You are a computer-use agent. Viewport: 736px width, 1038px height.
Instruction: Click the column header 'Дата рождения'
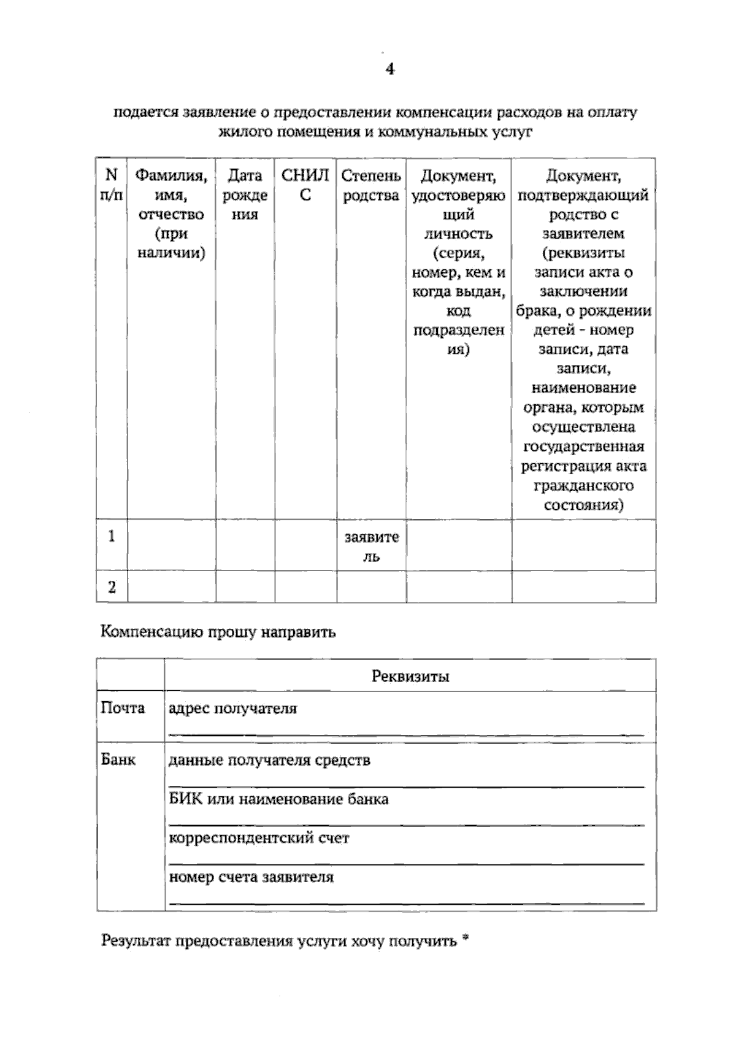(x=245, y=195)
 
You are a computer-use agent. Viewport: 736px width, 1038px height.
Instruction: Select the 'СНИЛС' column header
(x=305, y=185)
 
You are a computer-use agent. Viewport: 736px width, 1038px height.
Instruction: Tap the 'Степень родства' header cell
(x=371, y=185)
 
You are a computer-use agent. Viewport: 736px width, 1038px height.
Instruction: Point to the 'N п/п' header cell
(x=111, y=185)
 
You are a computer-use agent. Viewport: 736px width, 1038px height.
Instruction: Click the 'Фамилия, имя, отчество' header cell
(x=171, y=214)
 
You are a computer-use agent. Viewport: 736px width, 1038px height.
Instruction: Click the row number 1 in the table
(x=112, y=537)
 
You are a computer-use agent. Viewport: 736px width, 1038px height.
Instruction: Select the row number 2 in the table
(x=112, y=588)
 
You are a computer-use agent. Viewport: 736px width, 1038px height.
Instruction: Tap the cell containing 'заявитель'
(x=371, y=546)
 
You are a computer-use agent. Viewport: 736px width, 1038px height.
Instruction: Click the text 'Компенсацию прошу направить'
(x=218, y=632)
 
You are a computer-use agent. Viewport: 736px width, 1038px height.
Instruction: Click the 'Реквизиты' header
(x=410, y=676)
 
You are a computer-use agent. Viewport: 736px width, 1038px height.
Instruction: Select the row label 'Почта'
(x=123, y=708)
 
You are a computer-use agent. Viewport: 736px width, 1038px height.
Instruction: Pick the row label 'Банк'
(x=118, y=759)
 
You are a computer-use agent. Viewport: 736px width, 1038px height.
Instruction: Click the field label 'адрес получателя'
(x=232, y=709)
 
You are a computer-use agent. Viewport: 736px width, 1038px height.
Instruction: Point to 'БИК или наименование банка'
(x=278, y=799)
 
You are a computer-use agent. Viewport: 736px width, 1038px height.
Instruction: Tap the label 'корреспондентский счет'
(x=259, y=838)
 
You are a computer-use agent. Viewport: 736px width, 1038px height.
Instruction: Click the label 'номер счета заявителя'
(x=251, y=877)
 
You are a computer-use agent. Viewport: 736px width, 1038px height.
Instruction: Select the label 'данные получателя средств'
(x=269, y=760)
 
